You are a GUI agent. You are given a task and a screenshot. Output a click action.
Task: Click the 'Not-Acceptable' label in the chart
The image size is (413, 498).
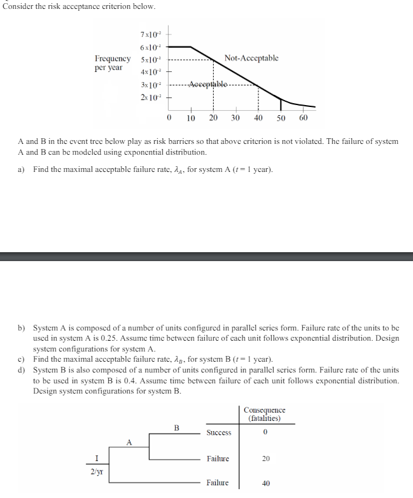point(251,59)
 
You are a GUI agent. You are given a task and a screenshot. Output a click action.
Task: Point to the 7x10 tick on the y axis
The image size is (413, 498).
point(151,34)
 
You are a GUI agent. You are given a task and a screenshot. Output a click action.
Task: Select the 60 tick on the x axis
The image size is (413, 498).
point(303,118)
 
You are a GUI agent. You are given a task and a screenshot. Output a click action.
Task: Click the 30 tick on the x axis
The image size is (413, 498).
point(235,118)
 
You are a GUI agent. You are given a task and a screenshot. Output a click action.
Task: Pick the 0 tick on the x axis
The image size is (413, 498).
point(169,118)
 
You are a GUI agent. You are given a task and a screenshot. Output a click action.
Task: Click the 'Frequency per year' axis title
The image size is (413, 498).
point(113,63)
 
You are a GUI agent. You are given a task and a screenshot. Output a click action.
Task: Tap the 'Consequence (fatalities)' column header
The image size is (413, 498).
point(265,414)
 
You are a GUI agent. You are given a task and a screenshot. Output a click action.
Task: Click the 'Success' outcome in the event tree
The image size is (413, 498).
point(219,433)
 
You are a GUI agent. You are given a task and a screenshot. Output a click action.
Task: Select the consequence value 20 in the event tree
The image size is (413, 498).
point(266,459)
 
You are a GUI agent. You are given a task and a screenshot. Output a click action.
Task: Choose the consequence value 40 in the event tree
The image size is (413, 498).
point(266,483)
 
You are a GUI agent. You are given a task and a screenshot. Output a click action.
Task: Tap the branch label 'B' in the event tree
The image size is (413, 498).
point(176,427)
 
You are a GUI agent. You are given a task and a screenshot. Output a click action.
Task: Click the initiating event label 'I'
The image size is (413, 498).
point(97,458)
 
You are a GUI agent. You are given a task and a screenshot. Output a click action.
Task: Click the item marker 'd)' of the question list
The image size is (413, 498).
point(22,370)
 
